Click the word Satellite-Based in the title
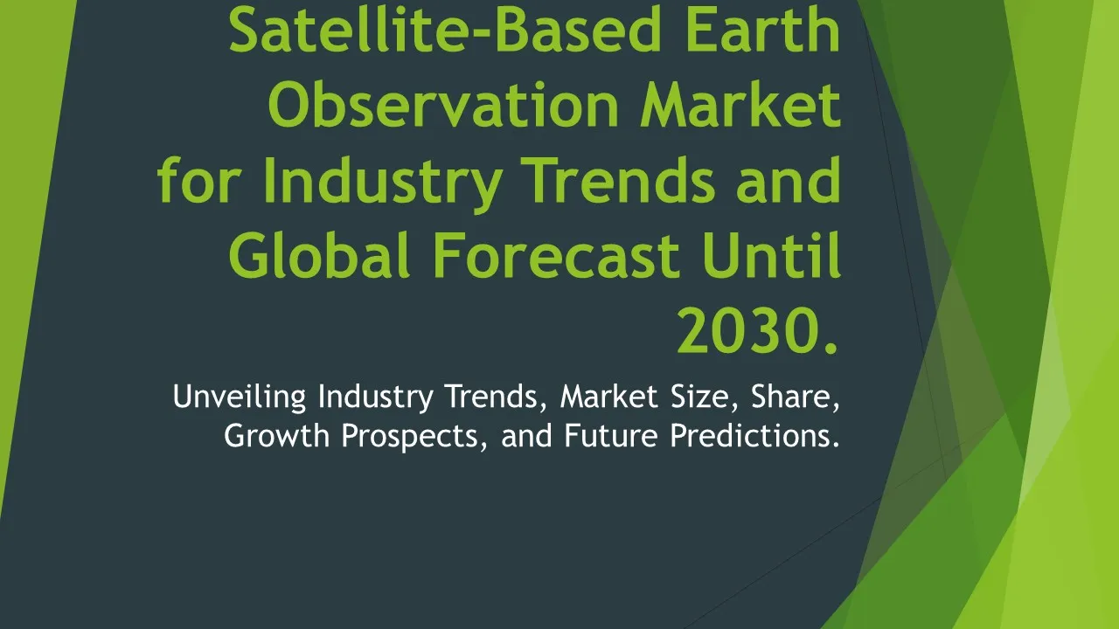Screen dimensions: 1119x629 (x=445, y=30)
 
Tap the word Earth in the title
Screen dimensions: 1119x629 (x=763, y=30)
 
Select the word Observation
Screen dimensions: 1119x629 (x=443, y=105)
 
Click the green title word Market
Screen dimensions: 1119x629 (x=740, y=105)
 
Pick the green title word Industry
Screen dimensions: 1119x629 (x=383, y=184)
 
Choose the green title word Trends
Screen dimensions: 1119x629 (x=621, y=180)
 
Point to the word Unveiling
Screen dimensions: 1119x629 (x=240, y=397)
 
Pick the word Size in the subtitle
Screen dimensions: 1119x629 (x=705, y=397)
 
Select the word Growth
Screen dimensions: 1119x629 (x=277, y=435)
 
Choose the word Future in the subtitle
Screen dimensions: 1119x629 (x=611, y=435)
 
